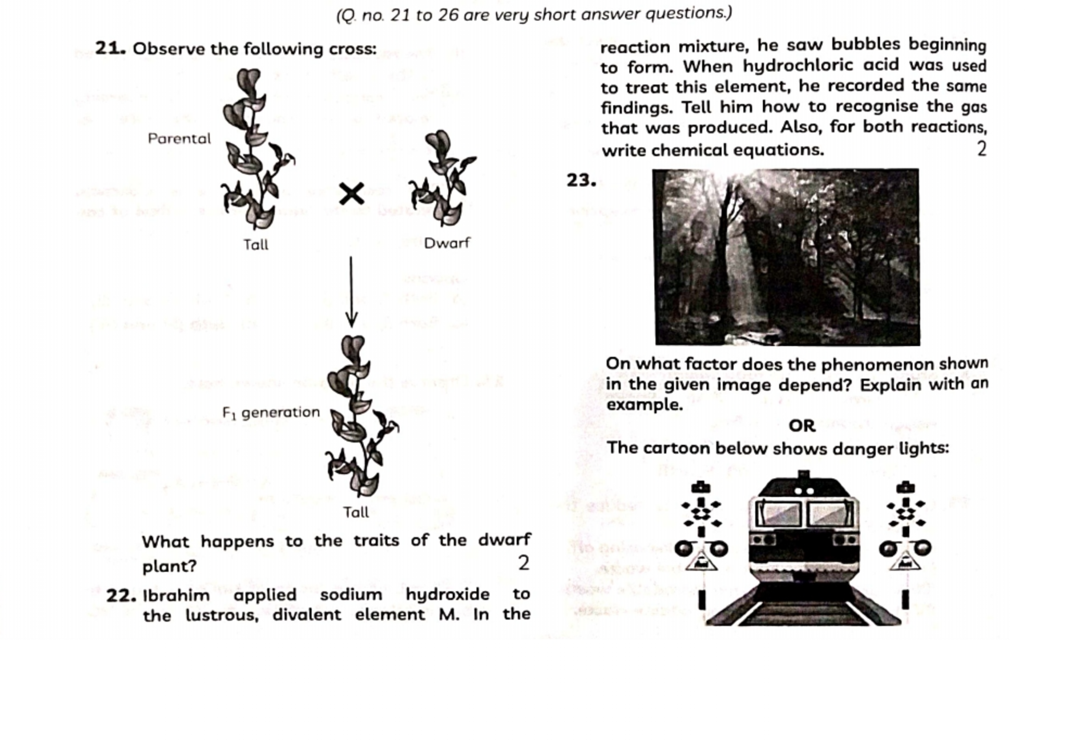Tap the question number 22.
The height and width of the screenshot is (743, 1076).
click(121, 595)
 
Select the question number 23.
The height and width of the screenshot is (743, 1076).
click(581, 180)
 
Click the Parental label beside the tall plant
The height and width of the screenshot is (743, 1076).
click(179, 139)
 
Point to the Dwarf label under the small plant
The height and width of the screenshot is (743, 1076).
click(447, 243)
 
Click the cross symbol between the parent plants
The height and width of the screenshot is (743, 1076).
click(351, 194)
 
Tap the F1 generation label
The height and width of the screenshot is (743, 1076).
click(271, 412)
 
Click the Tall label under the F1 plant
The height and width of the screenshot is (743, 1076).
click(356, 513)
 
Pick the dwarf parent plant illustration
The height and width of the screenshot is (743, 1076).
click(442, 179)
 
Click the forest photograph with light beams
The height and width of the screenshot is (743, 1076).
click(787, 257)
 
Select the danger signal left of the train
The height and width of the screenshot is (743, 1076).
click(701, 540)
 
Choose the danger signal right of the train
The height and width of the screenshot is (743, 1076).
click(905, 540)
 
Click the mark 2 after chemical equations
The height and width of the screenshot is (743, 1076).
click(981, 150)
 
